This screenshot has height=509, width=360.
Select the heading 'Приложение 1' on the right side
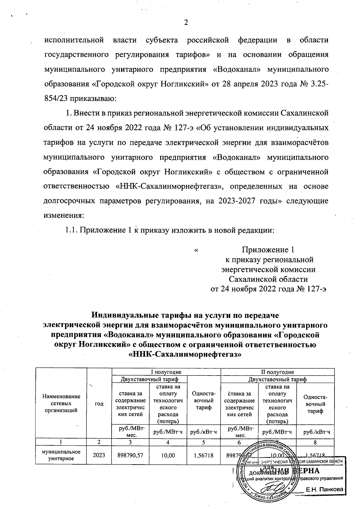268,250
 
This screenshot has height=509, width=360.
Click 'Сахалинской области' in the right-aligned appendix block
268,279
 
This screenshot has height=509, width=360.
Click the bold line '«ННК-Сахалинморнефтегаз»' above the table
185,354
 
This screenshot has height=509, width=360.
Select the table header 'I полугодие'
166,372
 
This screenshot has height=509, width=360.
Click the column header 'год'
99,404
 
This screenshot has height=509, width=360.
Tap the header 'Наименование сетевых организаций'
61,403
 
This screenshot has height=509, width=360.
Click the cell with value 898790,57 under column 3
130,455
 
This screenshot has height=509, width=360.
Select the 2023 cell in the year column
99,455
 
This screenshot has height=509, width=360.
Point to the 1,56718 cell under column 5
204,455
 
